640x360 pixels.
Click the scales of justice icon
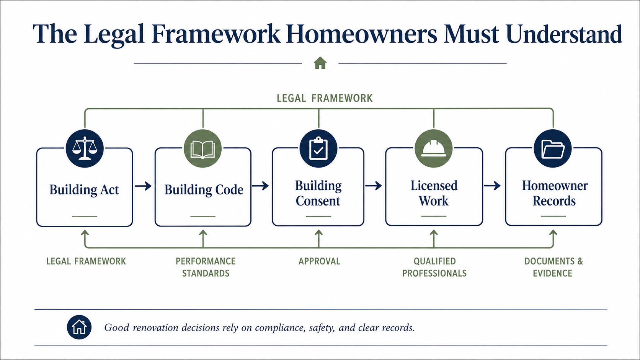[85, 148]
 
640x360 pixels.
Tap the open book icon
[202, 149]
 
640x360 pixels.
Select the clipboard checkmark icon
[318, 148]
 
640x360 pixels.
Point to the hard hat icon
[433, 148]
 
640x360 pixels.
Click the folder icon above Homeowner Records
[553, 149]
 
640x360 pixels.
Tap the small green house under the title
[320, 63]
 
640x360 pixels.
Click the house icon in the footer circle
[79, 327]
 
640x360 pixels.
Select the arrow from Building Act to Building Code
[143, 186]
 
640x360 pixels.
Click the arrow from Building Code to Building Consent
[260, 186]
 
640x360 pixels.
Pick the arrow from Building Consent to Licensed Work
[374, 186]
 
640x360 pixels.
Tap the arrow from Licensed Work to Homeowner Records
[492, 186]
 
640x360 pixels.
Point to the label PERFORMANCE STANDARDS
[206, 267]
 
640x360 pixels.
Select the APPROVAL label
[320, 261]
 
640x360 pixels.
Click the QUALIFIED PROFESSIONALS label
[434, 267]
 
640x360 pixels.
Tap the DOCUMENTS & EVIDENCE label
[553, 267]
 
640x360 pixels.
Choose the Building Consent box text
[318, 193]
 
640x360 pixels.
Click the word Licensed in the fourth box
[434, 186]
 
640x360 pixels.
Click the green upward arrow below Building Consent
[318, 239]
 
